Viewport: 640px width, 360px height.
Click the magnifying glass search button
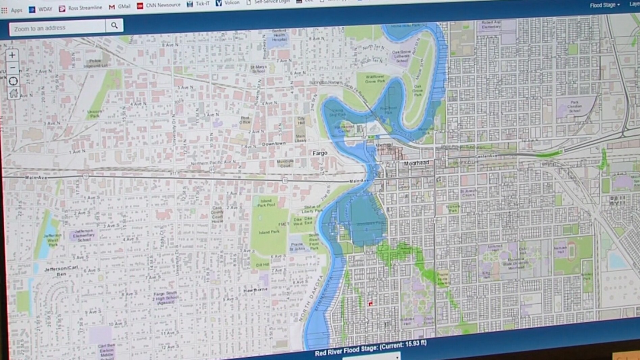coord(114,26)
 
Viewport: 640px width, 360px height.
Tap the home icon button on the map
coord(14,93)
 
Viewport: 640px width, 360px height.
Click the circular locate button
coord(13,81)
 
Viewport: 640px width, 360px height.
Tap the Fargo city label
coord(320,153)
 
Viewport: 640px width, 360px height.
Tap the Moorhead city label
coord(416,163)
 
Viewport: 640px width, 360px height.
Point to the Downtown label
coord(274,144)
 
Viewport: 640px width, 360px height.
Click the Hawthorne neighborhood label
coord(255,290)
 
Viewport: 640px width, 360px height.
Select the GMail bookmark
coord(120,6)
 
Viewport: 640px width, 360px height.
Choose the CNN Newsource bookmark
coord(159,5)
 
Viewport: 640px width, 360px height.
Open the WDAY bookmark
coord(41,9)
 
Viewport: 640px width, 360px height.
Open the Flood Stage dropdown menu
coord(605,5)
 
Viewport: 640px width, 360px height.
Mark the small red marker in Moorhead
coord(370,304)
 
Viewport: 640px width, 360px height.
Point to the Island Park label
coord(269,232)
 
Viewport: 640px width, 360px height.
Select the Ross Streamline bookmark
coord(81,8)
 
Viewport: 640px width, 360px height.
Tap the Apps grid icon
coord(4,10)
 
